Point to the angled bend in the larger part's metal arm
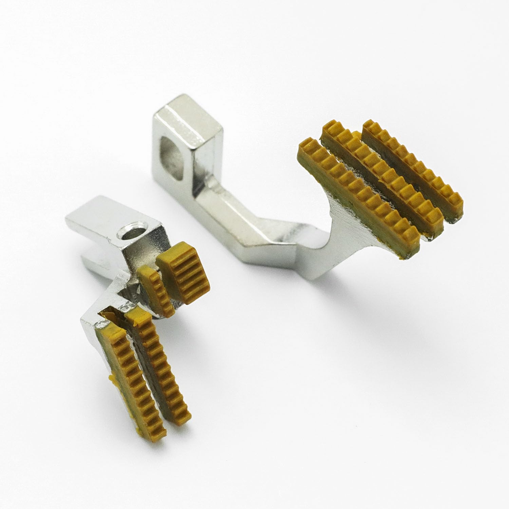268,231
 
